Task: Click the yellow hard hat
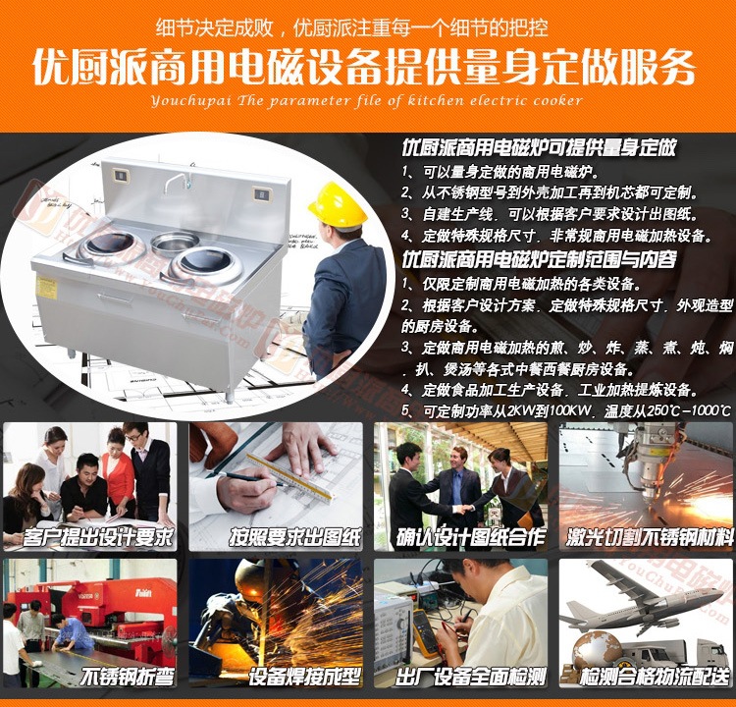click(x=337, y=205)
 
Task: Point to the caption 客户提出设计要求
click(x=97, y=537)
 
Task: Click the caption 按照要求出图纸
click(x=295, y=537)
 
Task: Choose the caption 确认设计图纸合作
click(x=471, y=537)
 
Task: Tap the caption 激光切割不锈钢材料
click(x=650, y=537)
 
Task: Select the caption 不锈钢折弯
click(x=128, y=677)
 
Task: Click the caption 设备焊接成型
click(x=304, y=677)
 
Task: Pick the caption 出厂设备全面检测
click(x=471, y=677)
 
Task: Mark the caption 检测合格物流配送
click(x=656, y=677)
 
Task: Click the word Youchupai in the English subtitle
click(x=191, y=101)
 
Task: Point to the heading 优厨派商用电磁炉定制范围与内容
click(x=540, y=259)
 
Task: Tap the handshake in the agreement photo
click(x=464, y=510)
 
